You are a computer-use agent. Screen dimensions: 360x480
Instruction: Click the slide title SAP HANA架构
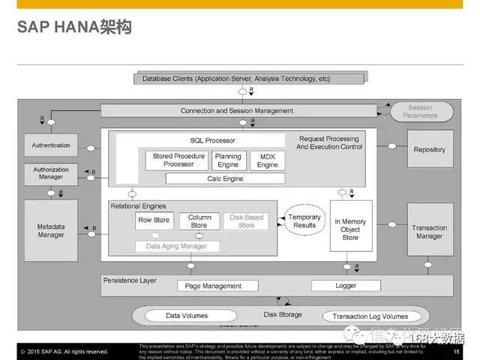(74, 28)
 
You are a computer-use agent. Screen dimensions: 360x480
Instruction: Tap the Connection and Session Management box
(237, 110)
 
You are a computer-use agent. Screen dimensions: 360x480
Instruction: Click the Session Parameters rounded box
(420, 112)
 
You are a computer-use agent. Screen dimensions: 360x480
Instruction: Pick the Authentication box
(51, 145)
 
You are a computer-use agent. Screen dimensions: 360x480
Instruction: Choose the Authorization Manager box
(51, 174)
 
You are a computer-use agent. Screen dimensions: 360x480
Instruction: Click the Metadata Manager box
(51, 230)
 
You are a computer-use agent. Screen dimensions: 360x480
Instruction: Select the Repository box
(429, 149)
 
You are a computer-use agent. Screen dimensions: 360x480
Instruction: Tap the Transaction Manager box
(429, 232)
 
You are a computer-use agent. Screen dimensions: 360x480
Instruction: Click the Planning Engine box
(228, 160)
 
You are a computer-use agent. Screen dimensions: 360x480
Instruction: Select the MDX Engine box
(267, 160)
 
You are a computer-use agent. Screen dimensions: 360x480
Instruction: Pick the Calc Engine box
(225, 178)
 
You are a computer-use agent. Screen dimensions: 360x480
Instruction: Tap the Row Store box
(154, 220)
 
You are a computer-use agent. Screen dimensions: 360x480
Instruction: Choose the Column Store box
(199, 220)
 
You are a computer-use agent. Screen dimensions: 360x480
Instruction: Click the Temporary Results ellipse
(304, 220)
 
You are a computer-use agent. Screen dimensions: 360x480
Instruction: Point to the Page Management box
(212, 286)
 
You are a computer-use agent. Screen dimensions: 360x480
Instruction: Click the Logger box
(345, 286)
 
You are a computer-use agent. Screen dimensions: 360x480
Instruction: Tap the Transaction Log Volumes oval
(370, 316)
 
